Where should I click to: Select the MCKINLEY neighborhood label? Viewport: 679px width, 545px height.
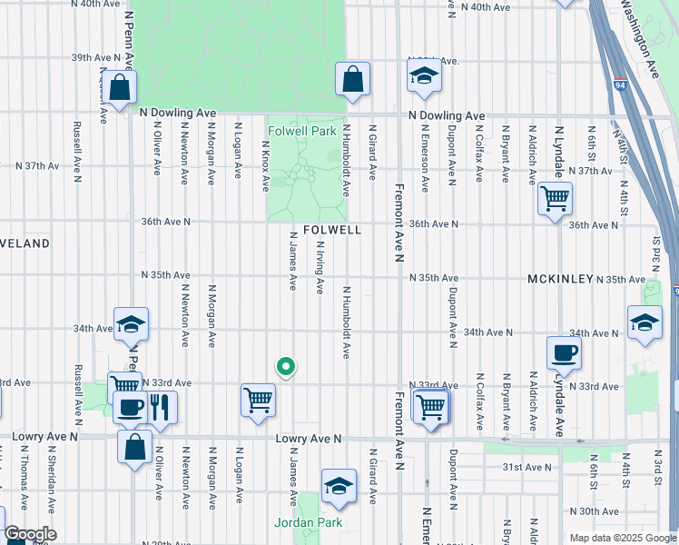pos(560,279)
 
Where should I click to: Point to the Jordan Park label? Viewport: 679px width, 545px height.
pos(307,522)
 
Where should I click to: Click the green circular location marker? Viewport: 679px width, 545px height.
pos(285,367)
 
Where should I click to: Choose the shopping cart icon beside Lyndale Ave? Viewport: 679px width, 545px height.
pos(554,197)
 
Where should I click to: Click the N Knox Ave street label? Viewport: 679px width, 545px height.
pos(266,165)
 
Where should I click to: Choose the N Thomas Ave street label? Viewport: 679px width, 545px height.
pos(24,470)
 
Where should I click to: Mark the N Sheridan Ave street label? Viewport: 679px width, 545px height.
pos(51,471)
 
